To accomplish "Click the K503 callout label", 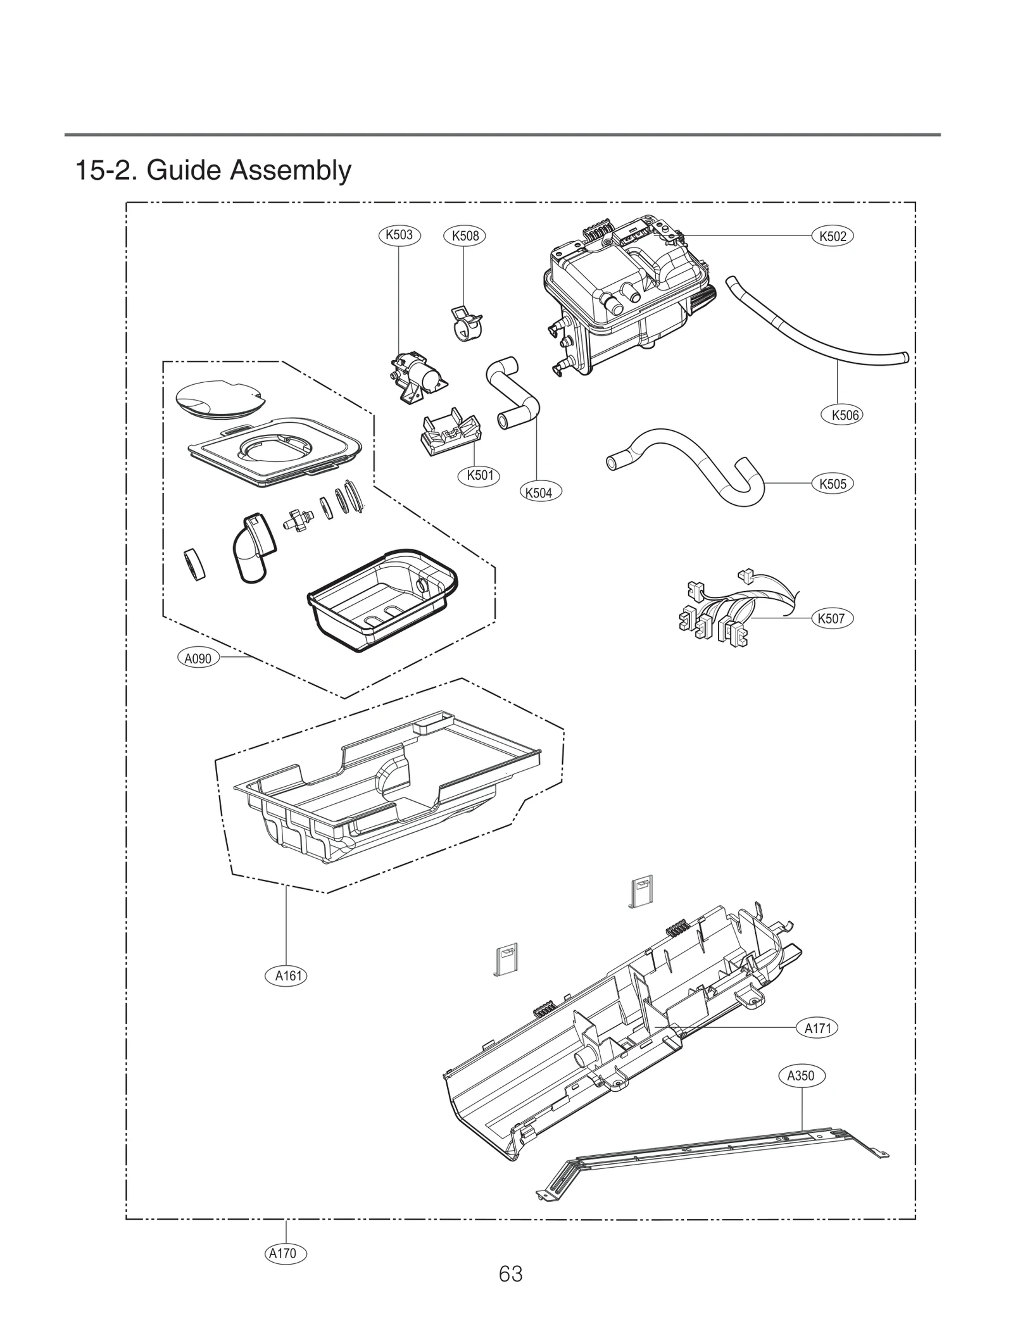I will click(399, 235).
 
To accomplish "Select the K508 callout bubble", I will click(465, 236).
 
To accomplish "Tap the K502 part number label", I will click(833, 236).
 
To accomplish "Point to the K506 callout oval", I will click(845, 415).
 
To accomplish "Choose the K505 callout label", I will click(833, 484).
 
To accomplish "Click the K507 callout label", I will click(831, 618).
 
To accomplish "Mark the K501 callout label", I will click(479, 475).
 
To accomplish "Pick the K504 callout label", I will click(539, 492).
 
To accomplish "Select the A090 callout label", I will click(198, 658).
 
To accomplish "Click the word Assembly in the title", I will click(290, 170).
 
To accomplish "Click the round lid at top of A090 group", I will click(218, 398).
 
